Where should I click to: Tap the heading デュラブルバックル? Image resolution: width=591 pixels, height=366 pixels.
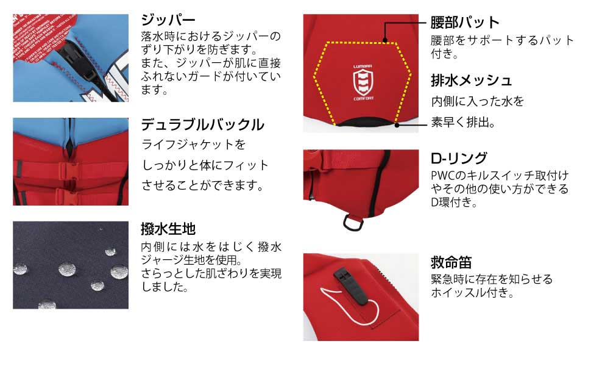(203, 125)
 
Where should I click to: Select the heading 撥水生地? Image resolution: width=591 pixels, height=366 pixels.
(168, 229)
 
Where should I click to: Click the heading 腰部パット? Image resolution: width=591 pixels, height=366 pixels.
(465, 23)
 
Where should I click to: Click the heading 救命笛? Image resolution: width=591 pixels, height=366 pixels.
(451, 262)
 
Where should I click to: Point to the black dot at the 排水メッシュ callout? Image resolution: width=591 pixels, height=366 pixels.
(397, 125)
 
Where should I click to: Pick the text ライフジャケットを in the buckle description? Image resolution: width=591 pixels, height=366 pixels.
(193, 145)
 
